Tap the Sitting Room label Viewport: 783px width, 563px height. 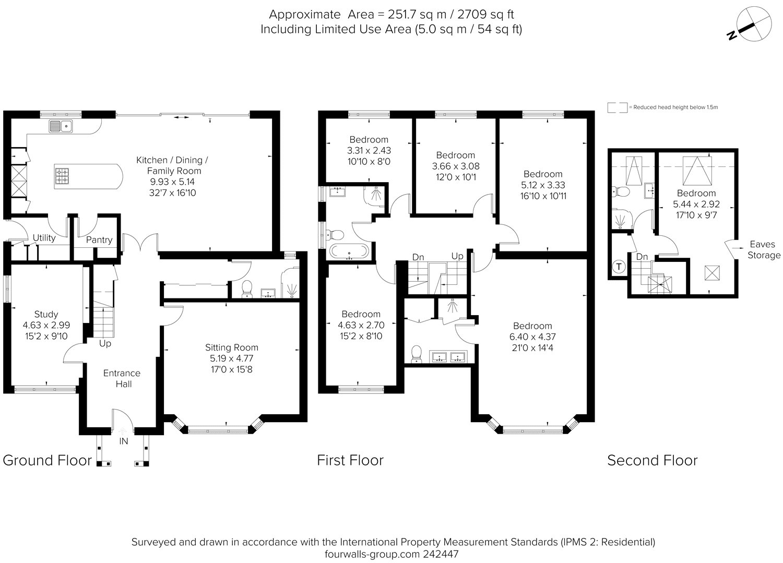231,348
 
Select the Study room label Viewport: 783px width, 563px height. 46,314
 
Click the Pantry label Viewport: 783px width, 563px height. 99,239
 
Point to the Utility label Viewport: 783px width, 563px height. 44,237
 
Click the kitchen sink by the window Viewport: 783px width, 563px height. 61,126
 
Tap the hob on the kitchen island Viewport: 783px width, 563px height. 62,176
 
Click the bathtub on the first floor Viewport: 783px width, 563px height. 349,251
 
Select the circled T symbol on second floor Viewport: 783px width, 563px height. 619,267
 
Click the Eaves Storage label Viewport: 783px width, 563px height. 764,249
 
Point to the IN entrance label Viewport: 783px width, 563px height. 123,441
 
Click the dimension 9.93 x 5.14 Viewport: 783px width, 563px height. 172,182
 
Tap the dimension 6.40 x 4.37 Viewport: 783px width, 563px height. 532,337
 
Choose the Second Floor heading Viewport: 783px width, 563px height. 652,460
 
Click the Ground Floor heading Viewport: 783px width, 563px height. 47,460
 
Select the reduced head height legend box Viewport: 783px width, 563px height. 618,107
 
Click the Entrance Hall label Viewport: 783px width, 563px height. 122,378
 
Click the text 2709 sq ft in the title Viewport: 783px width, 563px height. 485,14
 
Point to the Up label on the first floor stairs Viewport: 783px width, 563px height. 457,256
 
